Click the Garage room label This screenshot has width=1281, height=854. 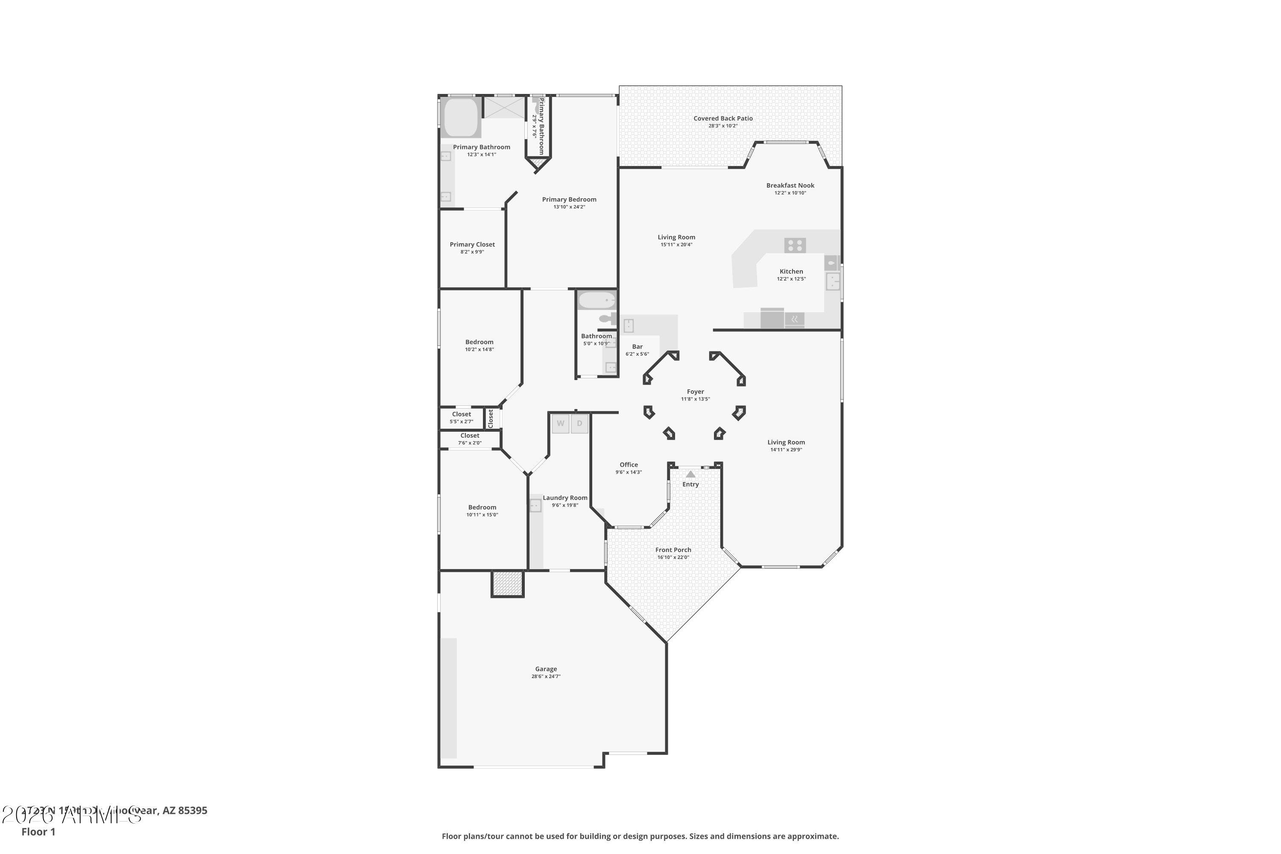pyautogui.click(x=546, y=669)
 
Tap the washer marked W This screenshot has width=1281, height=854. pyautogui.click(x=560, y=424)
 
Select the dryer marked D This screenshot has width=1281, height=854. pyautogui.click(x=579, y=424)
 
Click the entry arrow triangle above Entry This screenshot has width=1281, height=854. pyautogui.click(x=690, y=474)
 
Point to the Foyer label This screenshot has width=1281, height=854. pyautogui.click(x=696, y=392)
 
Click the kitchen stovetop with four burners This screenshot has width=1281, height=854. pyautogui.click(x=795, y=245)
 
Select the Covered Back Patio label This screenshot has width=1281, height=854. pyautogui.click(x=723, y=118)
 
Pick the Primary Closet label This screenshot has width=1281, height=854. pyautogui.click(x=472, y=245)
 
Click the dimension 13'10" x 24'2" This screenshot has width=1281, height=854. pyautogui.click(x=569, y=207)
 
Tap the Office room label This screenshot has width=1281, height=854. pyautogui.click(x=629, y=465)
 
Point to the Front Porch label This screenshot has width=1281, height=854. pyautogui.click(x=673, y=550)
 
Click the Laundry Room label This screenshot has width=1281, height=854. pyautogui.click(x=565, y=498)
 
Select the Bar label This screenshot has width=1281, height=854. pyautogui.click(x=637, y=346)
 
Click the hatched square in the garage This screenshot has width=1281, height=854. pyautogui.click(x=508, y=583)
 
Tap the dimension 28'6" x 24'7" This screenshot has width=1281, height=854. pyautogui.click(x=546, y=676)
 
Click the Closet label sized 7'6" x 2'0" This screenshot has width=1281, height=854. pyautogui.click(x=469, y=436)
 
